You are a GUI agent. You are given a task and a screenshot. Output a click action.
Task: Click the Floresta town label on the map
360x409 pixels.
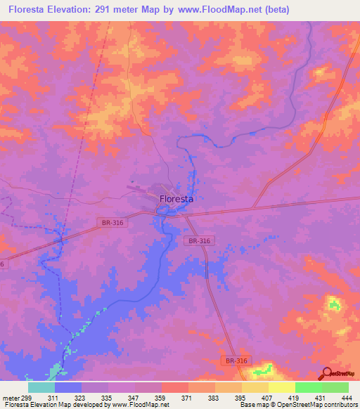(176, 199)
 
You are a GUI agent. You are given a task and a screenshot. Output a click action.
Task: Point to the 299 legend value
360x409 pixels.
(28, 398)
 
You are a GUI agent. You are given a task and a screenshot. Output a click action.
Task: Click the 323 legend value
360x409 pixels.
(82, 398)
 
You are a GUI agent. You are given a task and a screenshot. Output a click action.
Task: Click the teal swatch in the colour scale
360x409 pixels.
(41, 387)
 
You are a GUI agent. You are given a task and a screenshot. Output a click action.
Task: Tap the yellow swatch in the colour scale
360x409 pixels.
(282, 387)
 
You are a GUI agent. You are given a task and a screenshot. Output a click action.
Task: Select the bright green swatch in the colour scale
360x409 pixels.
(309, 387)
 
